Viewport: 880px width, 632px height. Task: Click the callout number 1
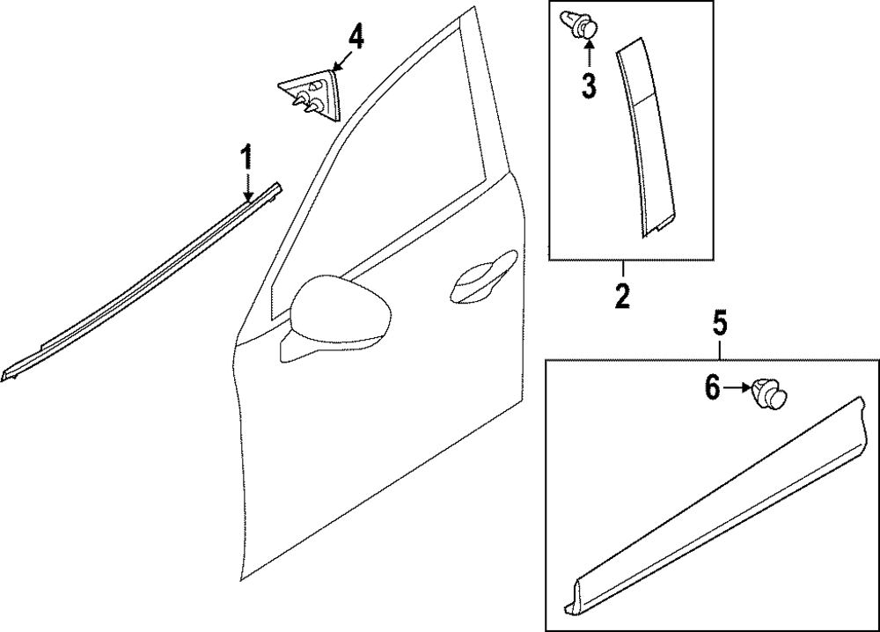[247, 159]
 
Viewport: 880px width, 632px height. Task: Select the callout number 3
[588, 85]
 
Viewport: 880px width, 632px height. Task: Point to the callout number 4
[355, 37]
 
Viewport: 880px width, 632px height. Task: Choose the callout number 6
[713, 386]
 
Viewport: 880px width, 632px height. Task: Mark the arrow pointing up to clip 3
[588, 55]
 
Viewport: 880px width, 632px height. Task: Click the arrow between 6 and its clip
[737, 387]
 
